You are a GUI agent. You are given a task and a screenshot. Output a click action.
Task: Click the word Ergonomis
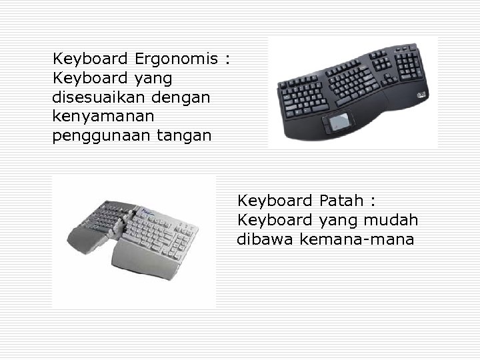point(177,59)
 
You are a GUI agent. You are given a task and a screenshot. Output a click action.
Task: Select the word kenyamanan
point(103,117)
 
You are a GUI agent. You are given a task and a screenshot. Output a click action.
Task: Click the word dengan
point(181,97)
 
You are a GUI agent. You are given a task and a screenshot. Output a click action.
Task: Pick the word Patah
point(341,200)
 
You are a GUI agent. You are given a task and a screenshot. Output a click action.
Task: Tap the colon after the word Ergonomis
point(227,60)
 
